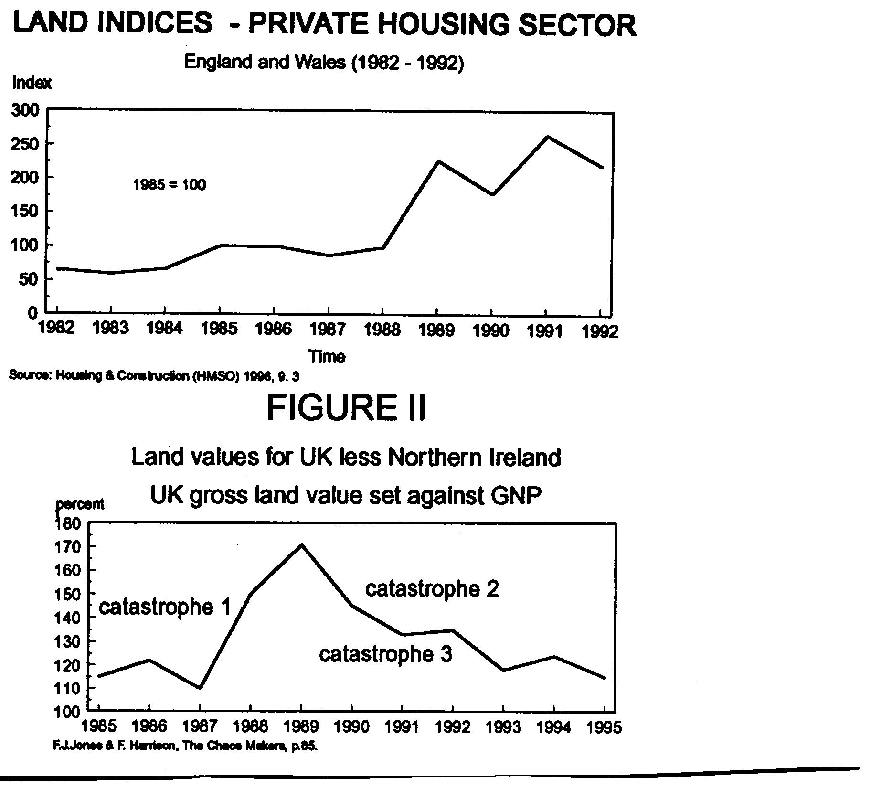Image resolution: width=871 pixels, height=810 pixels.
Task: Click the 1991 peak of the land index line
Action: pos(547,138)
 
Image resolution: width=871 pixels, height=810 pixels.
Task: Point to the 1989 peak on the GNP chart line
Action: pos(301,545)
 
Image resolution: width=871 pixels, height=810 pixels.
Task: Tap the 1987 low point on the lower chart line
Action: pos(200,688)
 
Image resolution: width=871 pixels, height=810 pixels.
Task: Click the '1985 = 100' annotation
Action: pos(170,185)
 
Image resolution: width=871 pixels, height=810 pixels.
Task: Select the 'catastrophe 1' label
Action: pos(165,607)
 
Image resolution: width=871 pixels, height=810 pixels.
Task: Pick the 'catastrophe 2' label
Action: pos(432,589)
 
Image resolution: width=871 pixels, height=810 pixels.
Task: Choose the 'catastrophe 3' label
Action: pos(385,654)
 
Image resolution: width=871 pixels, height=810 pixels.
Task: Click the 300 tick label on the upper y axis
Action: pos(25,110)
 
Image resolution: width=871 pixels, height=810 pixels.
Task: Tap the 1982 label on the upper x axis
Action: pos(57,328)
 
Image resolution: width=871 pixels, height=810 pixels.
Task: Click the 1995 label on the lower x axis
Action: pos(604,727)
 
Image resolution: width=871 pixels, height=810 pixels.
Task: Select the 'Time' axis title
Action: pos(327,357)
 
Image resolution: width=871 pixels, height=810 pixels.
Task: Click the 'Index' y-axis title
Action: pos(32,83)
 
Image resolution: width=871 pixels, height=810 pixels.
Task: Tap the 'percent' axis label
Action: pos(80,504)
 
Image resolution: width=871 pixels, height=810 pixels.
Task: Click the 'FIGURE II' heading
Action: pos(346,407)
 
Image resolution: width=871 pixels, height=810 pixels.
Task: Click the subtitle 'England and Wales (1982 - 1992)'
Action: pos(324,63)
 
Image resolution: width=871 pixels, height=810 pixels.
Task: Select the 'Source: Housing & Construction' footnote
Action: pos(154,376)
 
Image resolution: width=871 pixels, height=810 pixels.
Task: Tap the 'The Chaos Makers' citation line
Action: pos(185,746)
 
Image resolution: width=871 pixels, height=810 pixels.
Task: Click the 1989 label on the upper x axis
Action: pos(436,330)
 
